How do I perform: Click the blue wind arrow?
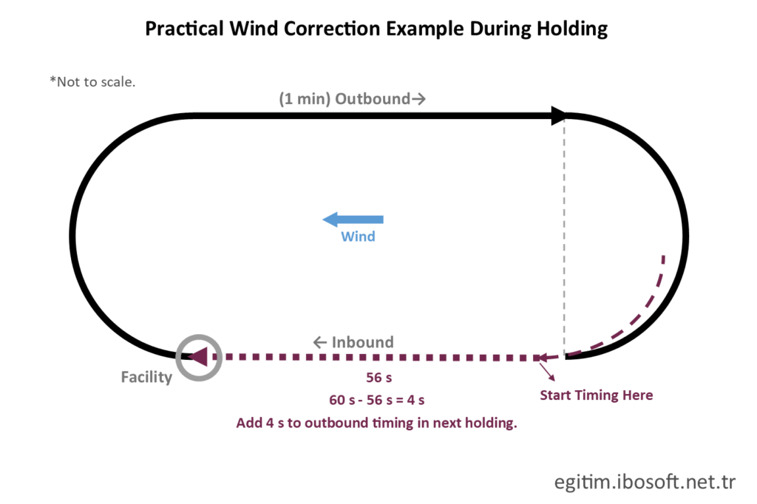point(353,219)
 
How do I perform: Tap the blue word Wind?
point(358,236)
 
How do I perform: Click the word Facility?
point(146,377)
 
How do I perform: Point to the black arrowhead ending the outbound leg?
point(559,116)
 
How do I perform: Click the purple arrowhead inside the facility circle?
point(198,357)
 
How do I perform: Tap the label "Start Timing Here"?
point(597,395)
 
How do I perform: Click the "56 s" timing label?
point(379,378)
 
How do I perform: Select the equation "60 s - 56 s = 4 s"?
point(376,401)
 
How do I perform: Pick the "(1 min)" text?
point(305,99)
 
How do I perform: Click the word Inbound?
point(362,342)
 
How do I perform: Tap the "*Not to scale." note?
point(92,82)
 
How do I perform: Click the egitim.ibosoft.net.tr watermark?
point(645,482)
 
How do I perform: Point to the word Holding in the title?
point(572,29)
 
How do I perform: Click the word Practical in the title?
point(184,29)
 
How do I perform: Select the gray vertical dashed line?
point(564,236)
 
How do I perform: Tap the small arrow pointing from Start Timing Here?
point(547,372)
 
